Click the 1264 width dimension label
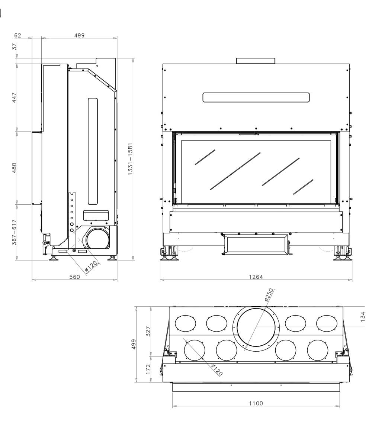[256, 277]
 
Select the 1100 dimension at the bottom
[256, 403]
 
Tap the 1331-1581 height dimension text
[131, 159]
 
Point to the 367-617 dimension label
[14, 232]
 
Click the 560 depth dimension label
[74, 277]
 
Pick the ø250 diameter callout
[269, 295]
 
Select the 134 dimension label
[363, 316]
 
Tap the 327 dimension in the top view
[148, 331]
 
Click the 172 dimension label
[148, 369]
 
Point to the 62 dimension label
[17, 35]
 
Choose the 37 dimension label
[14, 46]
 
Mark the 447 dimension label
[14, 98]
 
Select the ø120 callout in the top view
[217, 370]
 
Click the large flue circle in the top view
[256, 327]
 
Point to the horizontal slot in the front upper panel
[256, 97]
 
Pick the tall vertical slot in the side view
[93, 151]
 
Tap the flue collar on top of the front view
[256, 61]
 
